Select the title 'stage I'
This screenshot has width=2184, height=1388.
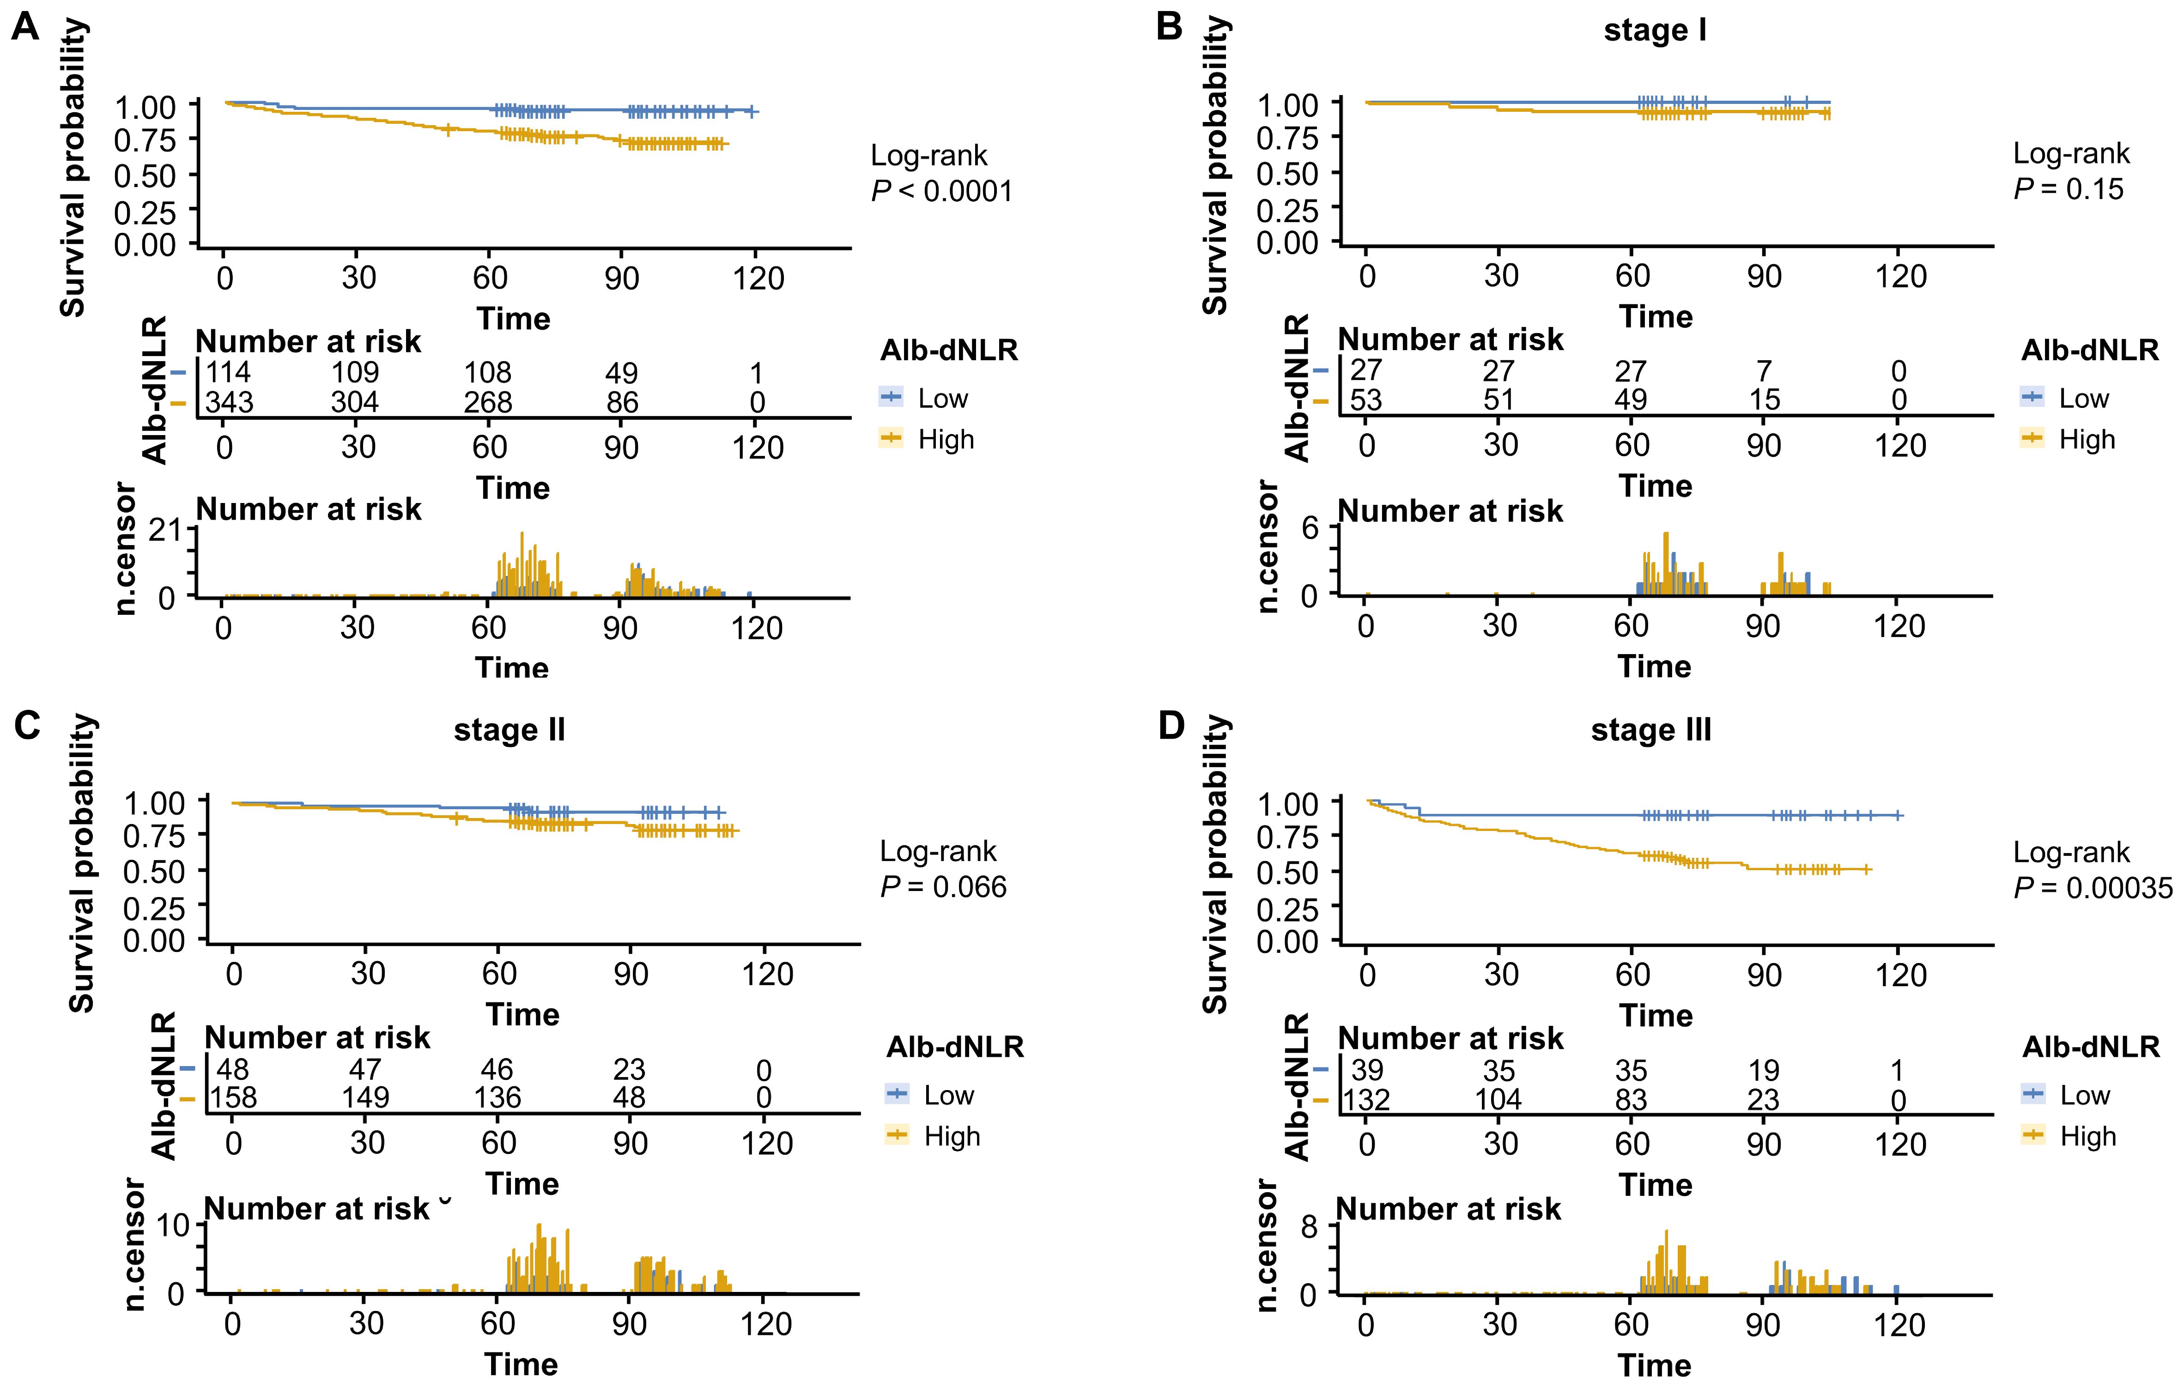click(x=1655, y=30)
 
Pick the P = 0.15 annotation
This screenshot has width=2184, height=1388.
click(x=2069, y=189)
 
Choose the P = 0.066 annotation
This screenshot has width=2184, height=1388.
click(x=943, y=886)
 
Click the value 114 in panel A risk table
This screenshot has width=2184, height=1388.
click(x=229, y=372)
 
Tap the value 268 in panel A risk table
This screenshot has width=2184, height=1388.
click(x=488, y=402)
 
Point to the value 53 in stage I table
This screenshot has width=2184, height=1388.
click(x=1366, y=399)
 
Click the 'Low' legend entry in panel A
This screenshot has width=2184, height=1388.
click(x=942, y=398)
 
